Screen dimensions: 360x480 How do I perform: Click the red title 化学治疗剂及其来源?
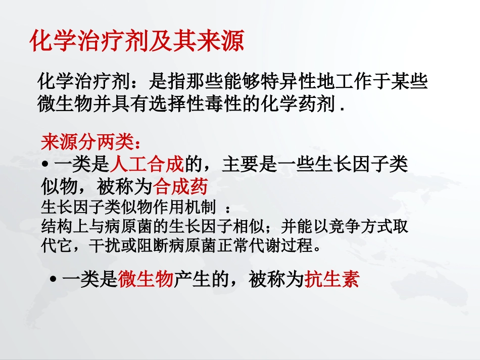[136, 41]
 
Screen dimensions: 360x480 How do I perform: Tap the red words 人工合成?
[147, 165]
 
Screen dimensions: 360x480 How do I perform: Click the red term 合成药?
[181, 187]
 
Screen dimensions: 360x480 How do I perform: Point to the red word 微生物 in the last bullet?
[146, 279]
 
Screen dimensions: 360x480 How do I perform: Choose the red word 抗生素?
[332, 279]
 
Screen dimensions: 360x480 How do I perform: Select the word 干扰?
[102, 246]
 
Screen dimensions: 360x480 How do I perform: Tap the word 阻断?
[142, 246]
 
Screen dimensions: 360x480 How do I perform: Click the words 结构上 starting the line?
[60, 227]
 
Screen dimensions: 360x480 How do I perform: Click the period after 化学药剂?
[344, 107]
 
